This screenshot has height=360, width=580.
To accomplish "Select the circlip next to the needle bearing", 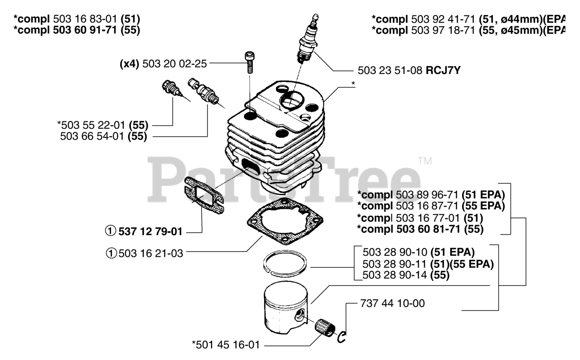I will click(x=343, y=336).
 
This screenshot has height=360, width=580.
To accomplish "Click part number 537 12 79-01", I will click(x=150, y=232).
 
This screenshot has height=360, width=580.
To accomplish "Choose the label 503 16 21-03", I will click(x=151, y=254).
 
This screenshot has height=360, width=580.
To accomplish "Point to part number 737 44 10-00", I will click(x=392, y=303).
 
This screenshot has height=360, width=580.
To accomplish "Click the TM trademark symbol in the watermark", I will click(x=425, y=161).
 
